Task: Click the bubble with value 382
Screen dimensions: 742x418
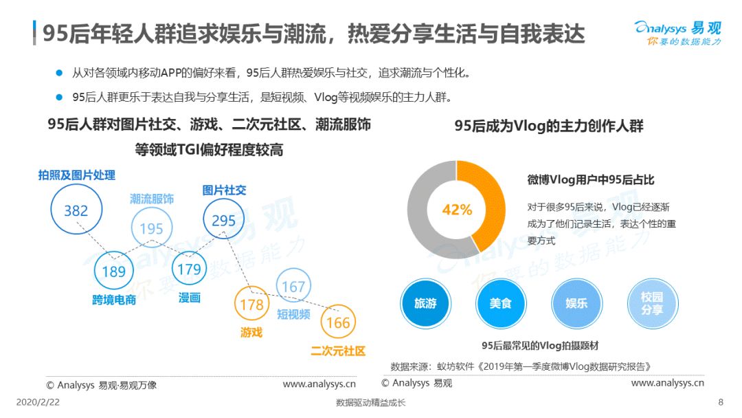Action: click(x=76, y=210)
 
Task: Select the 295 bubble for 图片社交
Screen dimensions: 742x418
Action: click(x=224, y=220)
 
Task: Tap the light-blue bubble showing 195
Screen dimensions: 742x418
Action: click(x=151, y=228)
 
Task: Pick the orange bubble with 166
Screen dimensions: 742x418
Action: click(x=338, y=322)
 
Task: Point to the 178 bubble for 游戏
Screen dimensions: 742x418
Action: click(x=251, y=304)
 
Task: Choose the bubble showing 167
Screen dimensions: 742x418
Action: click(x=293, y=286)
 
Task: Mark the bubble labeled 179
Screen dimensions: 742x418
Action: click(x=190, y=269)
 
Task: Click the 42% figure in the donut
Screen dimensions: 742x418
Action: click(x=457, y=210)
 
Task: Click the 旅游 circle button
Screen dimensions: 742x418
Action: click(x=425, y=303)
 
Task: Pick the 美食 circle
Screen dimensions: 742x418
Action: click(x=501, y=303)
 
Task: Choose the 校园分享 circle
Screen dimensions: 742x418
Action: click(x=653, y=303)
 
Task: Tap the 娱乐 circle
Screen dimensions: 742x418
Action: click(x=576, y=303)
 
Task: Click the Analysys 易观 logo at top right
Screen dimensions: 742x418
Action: click(x=678, y=33)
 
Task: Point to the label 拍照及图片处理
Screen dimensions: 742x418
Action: click(x=77, y=175)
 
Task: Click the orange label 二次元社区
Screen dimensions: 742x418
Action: click(x=338, y=351)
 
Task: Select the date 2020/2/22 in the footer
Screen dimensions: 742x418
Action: click(x=38, y=402)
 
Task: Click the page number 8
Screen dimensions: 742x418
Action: click(x=721, y=402)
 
